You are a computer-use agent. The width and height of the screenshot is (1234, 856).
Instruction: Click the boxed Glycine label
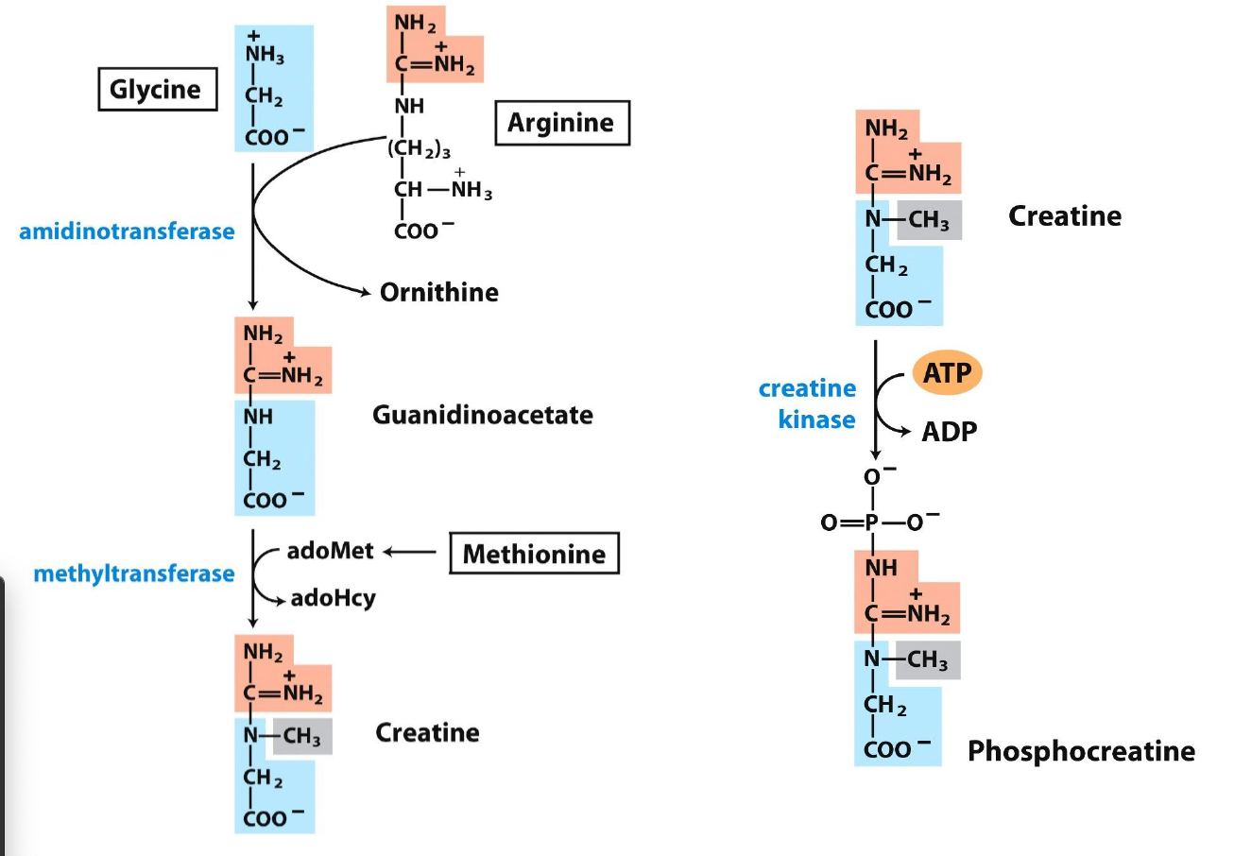[x=157, y=90]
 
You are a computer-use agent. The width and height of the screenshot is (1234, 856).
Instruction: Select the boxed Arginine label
[x=561, y=123]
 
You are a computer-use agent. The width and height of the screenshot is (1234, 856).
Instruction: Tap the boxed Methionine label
[x=534, y=554]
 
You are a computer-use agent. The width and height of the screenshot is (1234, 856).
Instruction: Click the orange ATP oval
[x=947, y=373]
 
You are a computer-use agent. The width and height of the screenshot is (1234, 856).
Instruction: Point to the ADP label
[x=950, y=432]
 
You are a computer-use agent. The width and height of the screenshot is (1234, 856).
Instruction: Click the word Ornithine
[x=438, y=292]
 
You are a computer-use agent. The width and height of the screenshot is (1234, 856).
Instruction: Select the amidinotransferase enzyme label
[x=127, y=231]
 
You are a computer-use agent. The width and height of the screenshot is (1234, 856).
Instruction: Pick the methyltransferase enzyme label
[x=134, y=574]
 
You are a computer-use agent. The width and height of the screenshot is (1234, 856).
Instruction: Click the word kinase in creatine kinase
[x=816, y=419]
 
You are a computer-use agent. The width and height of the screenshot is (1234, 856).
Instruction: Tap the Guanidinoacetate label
[x=483, y=415]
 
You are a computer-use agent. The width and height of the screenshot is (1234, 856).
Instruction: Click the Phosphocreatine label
[x=1081, y=751]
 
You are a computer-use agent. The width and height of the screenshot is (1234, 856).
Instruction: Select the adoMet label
[x=330, y=551]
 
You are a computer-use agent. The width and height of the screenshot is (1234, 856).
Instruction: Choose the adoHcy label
[x=333, y=598]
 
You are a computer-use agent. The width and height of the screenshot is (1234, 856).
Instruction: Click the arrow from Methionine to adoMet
[x=412, y=552]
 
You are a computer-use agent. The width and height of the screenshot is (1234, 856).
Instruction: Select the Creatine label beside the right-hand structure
[x=1064, y=216]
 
